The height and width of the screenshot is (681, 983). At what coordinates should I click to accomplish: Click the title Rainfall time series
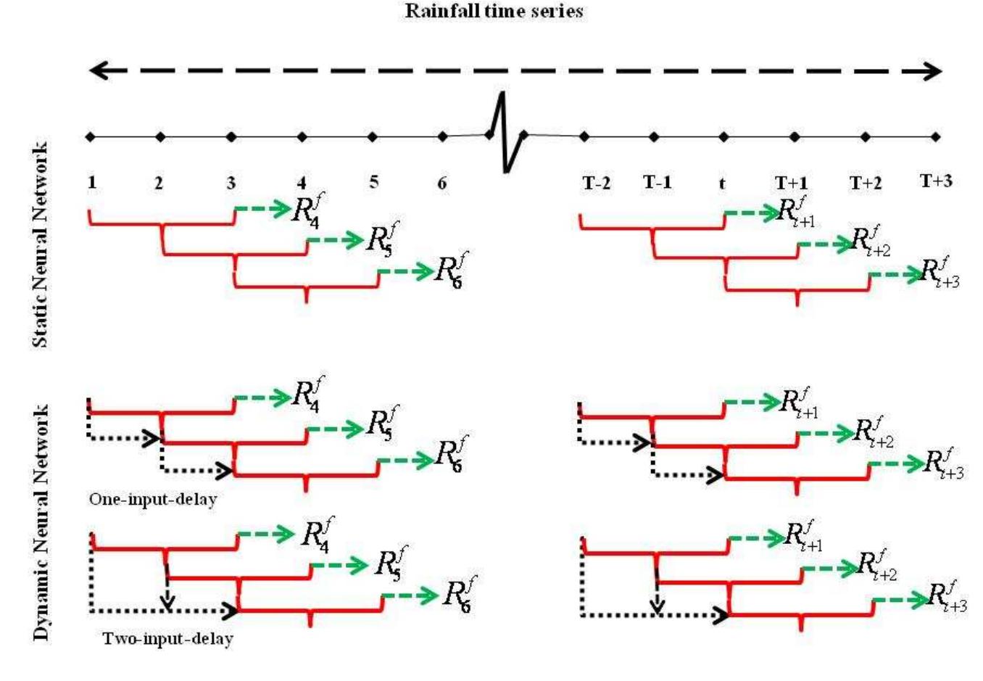coord(494,11)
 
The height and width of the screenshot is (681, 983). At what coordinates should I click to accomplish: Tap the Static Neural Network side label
coord(41,244)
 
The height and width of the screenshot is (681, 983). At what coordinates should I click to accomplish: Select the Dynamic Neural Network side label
coord(41,522)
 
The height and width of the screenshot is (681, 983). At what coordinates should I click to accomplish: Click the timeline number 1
coord(92,182)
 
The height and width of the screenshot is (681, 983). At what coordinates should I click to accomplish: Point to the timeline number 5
coord(373,181)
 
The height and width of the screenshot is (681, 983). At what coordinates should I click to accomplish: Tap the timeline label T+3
coord(936,181)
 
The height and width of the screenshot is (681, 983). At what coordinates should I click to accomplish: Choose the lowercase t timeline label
coord(722,183)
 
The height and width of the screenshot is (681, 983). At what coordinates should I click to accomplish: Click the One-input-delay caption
coord(153,500)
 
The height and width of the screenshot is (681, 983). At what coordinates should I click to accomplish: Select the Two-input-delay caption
coord(167,640)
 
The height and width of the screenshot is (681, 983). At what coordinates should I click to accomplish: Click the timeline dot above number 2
coord(160,136)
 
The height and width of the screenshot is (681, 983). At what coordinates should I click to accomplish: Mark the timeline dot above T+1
coord(795,136)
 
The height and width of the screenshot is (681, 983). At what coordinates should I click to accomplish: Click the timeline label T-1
coord(658,182)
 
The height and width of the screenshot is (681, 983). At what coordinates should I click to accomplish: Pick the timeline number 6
coord(442,183)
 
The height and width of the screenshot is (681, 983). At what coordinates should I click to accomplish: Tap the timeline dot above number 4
coord(302,136)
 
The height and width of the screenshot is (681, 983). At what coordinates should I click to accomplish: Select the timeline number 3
coord(231,183)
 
